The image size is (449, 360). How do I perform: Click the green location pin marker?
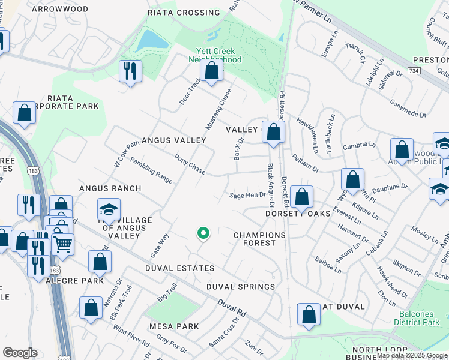pos(203,233)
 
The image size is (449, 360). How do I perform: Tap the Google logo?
pos(20,353)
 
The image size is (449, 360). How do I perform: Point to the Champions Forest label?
pos(259,239)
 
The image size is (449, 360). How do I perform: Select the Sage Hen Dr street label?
pos(247,195)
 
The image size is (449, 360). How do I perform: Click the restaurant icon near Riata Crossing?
pos(130,71)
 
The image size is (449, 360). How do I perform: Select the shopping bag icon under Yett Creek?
pos(211,70)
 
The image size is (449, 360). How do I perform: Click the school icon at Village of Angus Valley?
pos(109,209)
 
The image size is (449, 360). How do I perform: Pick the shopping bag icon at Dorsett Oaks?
pos(301,196)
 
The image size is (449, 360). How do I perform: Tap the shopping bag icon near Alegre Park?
pos(100,261)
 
